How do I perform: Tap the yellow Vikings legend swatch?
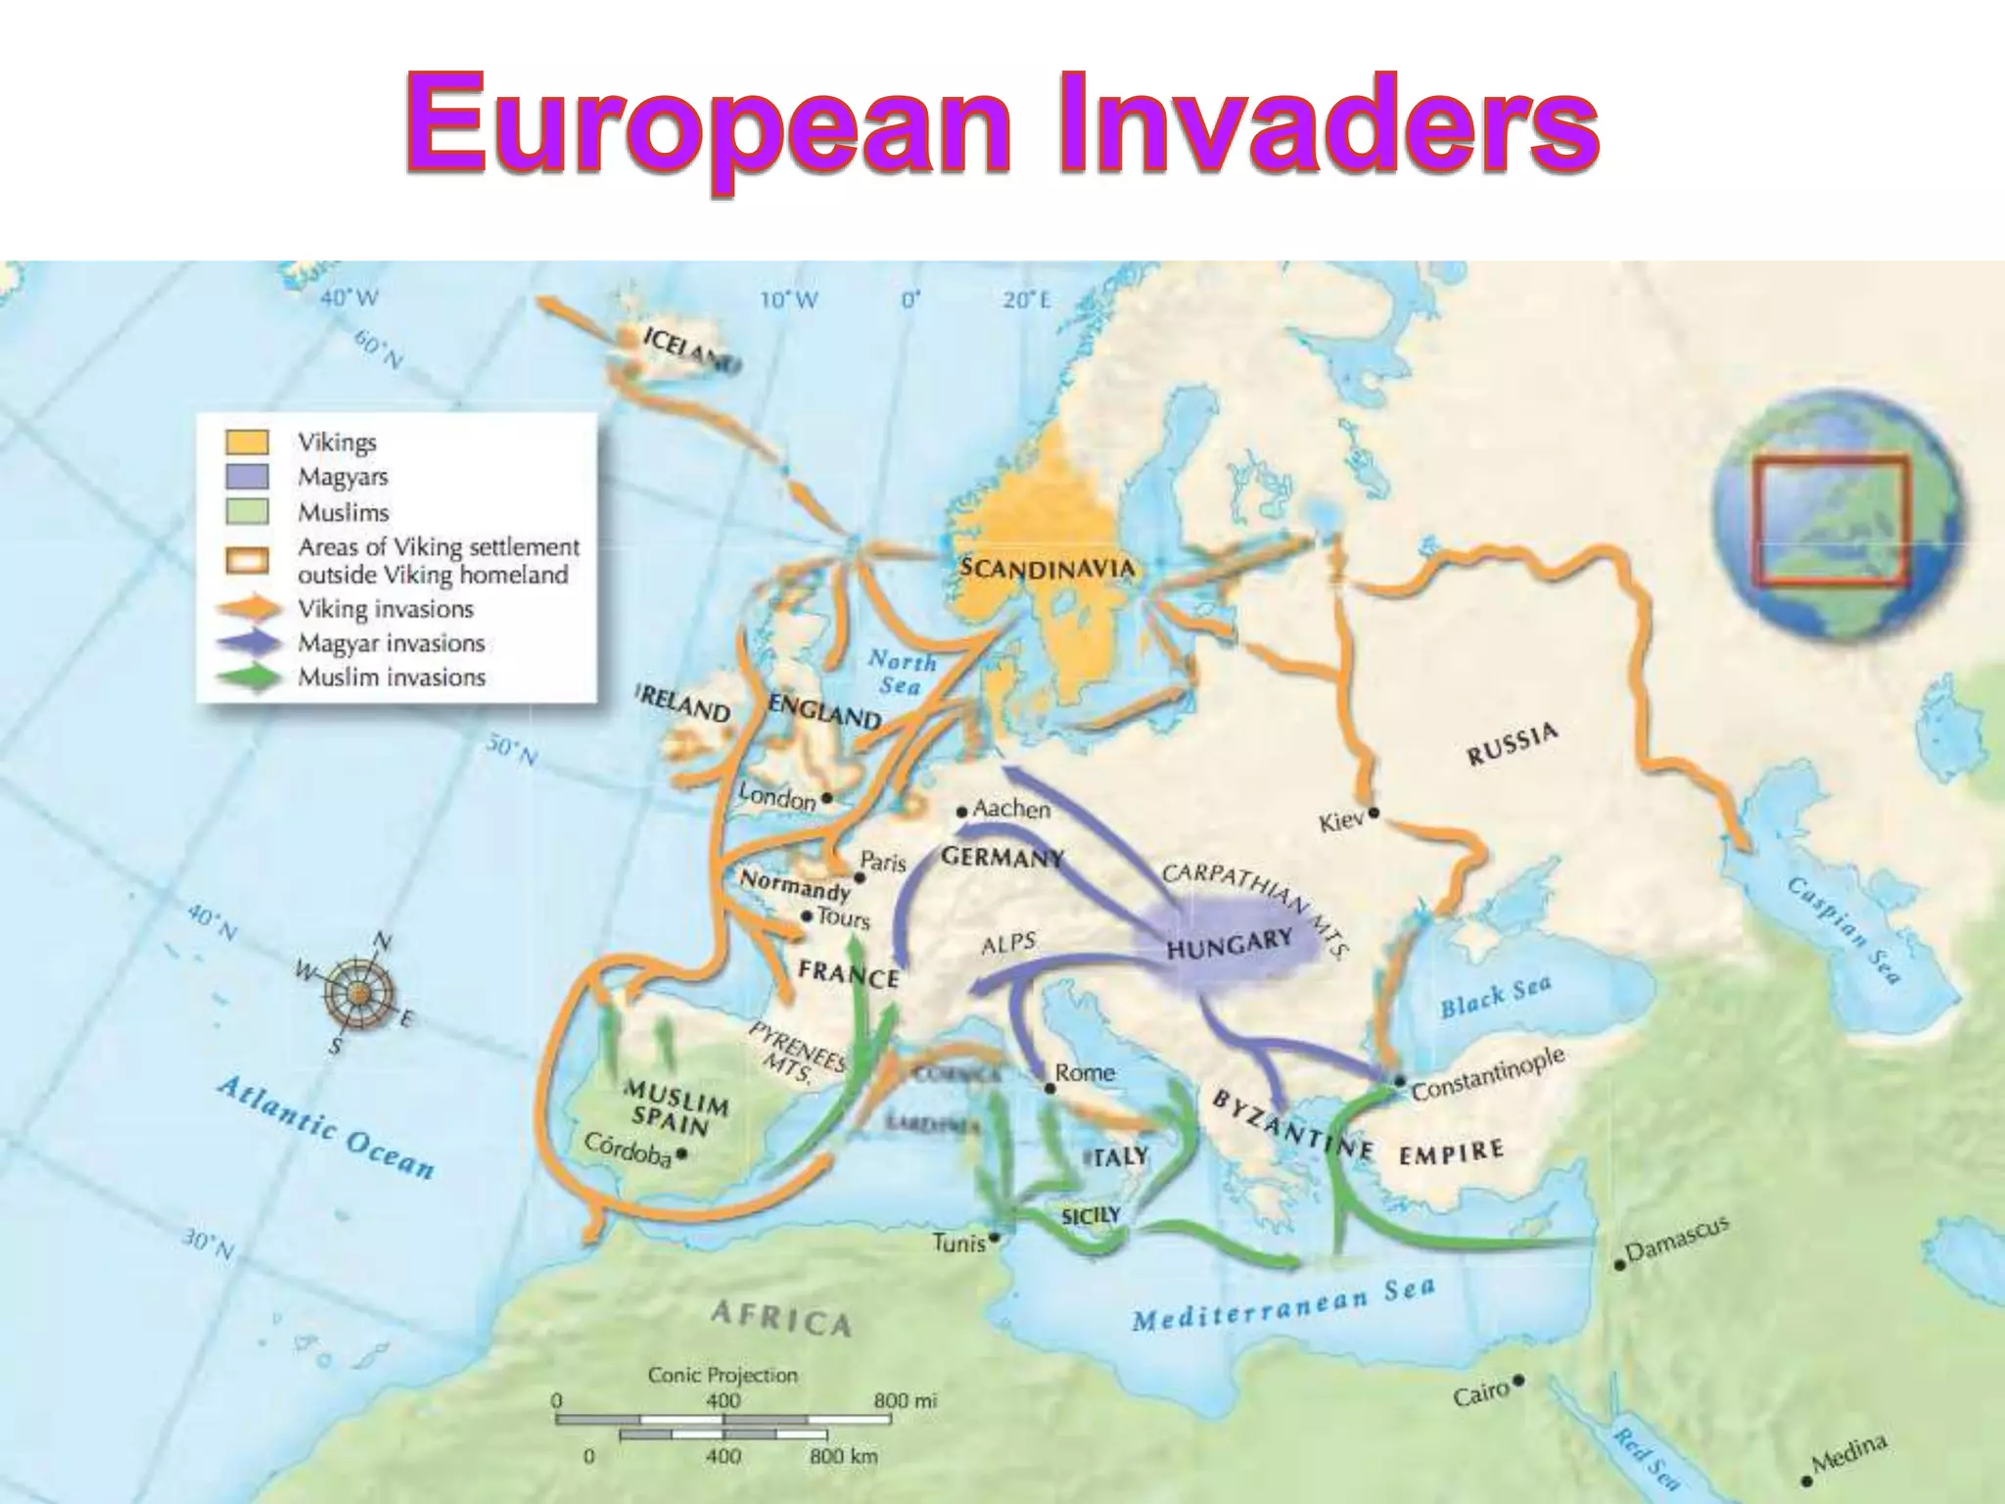click(x=247, y=442)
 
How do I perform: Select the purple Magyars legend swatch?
click(x=247, y=477)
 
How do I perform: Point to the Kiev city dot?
click(x=1374, y=812)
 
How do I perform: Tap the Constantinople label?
click(x=1487, y=1072)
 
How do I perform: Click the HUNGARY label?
click(x=1231, y=946)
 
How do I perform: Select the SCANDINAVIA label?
click(x=1048, y=568)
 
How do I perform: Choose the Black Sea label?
click(x=1495, y=997)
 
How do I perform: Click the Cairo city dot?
click(x=1518, y=1381)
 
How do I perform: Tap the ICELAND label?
click(x=689, y=350)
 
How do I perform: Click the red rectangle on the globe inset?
click(x=1830, y=522)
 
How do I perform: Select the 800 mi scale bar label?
click(x=905, y=1401)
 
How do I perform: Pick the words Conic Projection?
click(x=723, y=1375)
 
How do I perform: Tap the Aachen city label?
click(x=1012, y=809)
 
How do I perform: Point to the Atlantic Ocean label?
click(x=325, y=1127)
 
